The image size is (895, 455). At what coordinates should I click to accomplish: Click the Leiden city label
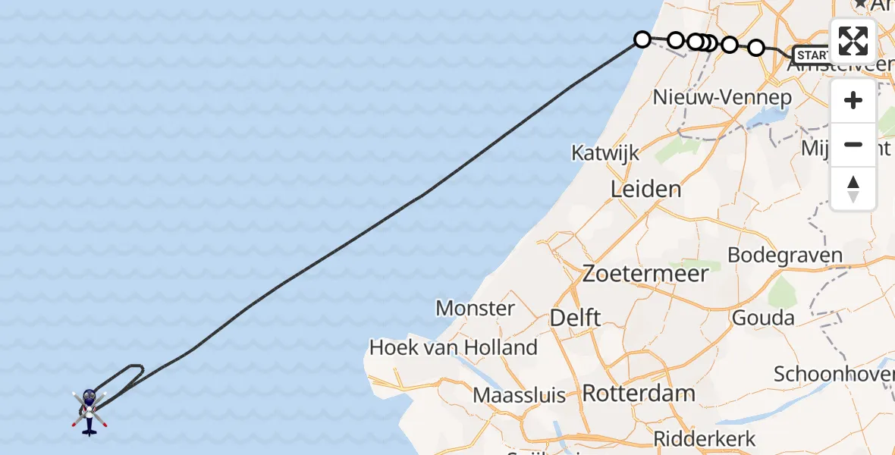[x=646, y=189]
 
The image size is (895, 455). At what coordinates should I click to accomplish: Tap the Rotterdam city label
[x=639, y=394]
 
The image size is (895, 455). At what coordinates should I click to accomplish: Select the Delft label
[x=575, y=318]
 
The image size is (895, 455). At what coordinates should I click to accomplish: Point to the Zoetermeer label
[x=645, y=274]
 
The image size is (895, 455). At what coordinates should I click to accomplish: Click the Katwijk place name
[x=605, y=153]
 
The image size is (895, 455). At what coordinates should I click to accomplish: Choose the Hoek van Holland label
[x=453, y=348]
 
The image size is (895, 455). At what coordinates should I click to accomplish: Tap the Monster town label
[x=476, y=309]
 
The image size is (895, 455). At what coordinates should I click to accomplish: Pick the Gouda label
[x=763, y=318]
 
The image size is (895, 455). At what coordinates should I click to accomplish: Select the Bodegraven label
[x=785, y=256]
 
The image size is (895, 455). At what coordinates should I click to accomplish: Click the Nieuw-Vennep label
[x=722, y=98]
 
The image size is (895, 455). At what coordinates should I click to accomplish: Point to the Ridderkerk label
[x=705, y=438]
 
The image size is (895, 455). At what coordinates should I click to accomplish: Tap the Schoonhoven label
[x=833, y=374]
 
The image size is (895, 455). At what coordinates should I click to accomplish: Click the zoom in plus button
[x=853, y=101]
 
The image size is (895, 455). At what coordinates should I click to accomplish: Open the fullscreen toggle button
[x=853, y=41]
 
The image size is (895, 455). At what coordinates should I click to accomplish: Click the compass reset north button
[x=853, y=188]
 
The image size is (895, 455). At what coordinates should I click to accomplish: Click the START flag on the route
[x=811, y=55]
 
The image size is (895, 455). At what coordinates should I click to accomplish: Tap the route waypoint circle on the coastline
[x=642, y=39]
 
